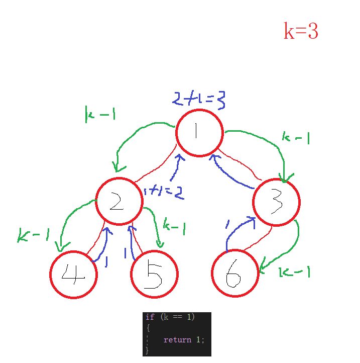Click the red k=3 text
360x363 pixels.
[x=301, y=31]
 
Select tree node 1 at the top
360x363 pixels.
[x=199, y=133]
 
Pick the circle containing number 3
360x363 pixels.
[x=276, y=202]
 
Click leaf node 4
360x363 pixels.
[x=73, y=274]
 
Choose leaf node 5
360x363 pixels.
[x=154, y=275]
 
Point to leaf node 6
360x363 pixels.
[x=235, y=274]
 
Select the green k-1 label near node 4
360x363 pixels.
[x=34, y=235]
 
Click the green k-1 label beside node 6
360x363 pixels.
[x=294, y=272]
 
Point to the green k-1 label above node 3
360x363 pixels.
[x=295, y=137]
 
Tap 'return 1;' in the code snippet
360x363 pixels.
[x=184, y=340]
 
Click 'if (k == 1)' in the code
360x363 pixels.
[x=170, y=317]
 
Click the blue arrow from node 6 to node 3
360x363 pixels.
[x=236, y=229]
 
